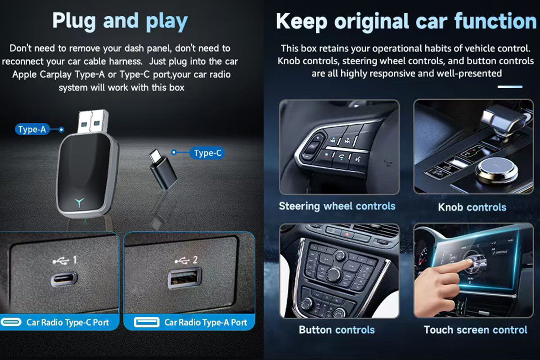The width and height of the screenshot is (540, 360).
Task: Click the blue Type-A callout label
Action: (x=32, y=130)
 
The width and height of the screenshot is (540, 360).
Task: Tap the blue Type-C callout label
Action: (x=207, y=153)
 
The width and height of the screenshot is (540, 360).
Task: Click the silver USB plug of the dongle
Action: (x=93, y=121)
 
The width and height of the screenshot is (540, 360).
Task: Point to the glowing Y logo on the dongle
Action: (x=79, y=202)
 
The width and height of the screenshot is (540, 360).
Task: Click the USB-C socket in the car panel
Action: (x=64, y=279)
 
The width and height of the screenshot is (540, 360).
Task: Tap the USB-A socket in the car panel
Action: (x=184, y=278)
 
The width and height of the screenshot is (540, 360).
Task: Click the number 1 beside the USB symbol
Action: (x=75, y=260)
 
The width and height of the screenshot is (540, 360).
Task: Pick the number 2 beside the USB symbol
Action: (x=195, y=260)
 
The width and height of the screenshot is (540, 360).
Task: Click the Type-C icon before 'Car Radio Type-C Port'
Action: (x=11, y=322)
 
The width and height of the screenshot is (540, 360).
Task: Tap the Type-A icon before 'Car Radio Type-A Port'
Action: (x=146, y=322)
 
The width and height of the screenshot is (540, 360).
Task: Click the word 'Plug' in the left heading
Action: (x=74, y=22)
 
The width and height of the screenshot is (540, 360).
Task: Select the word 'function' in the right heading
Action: (x=495, y=21)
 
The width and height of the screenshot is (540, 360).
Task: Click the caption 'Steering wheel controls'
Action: (x=337, y=206)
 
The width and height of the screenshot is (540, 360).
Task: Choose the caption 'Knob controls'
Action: (x=472, y=207)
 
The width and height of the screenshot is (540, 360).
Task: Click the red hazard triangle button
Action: (x=347, y=234)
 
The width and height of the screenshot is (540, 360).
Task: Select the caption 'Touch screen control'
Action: (x=475, y=330)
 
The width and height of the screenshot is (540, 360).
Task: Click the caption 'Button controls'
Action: (x=337, y=330)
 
